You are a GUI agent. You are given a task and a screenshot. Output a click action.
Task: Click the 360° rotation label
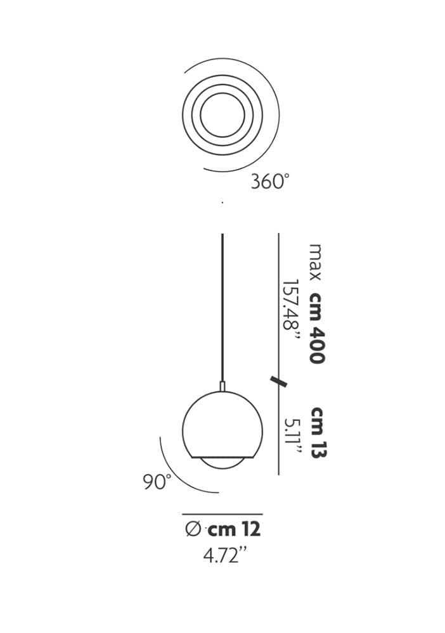point(269,181)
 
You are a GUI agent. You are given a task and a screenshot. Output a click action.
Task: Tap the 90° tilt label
point(157,482)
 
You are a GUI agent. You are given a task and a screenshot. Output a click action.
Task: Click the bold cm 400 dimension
point(318,328)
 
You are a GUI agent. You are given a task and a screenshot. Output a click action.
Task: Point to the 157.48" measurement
point(292,311)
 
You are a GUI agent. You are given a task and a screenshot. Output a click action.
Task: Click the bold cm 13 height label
point(318,432)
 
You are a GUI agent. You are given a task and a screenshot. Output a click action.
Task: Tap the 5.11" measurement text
point(292,437)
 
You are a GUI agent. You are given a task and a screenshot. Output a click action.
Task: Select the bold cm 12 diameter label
point(234,529)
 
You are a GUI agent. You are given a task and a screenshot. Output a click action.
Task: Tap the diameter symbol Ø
point(193,529)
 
